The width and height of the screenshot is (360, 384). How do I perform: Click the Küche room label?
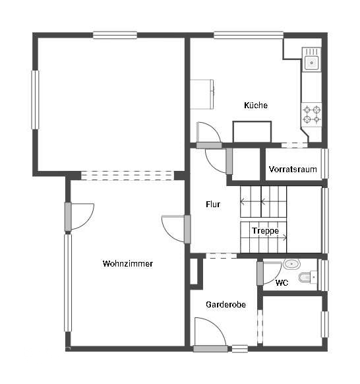256,106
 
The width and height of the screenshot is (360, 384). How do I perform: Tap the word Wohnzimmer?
128,263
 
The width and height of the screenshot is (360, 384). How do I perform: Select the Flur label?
213,205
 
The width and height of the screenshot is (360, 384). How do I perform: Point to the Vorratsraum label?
293,169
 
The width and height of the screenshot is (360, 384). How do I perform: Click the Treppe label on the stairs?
265,231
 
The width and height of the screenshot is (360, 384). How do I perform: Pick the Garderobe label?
226,304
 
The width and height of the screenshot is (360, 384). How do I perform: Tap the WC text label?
282,283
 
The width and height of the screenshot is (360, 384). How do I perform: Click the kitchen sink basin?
312,63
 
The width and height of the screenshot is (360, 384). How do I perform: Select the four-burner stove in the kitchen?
311,114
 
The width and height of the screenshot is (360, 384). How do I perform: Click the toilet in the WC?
307,277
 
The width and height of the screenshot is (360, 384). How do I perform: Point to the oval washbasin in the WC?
291,264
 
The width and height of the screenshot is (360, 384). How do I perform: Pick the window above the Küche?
249,35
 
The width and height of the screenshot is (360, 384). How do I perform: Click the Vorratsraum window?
325,164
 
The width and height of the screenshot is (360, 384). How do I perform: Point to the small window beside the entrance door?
240,349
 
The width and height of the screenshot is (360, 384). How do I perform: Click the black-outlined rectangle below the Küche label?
252,132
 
